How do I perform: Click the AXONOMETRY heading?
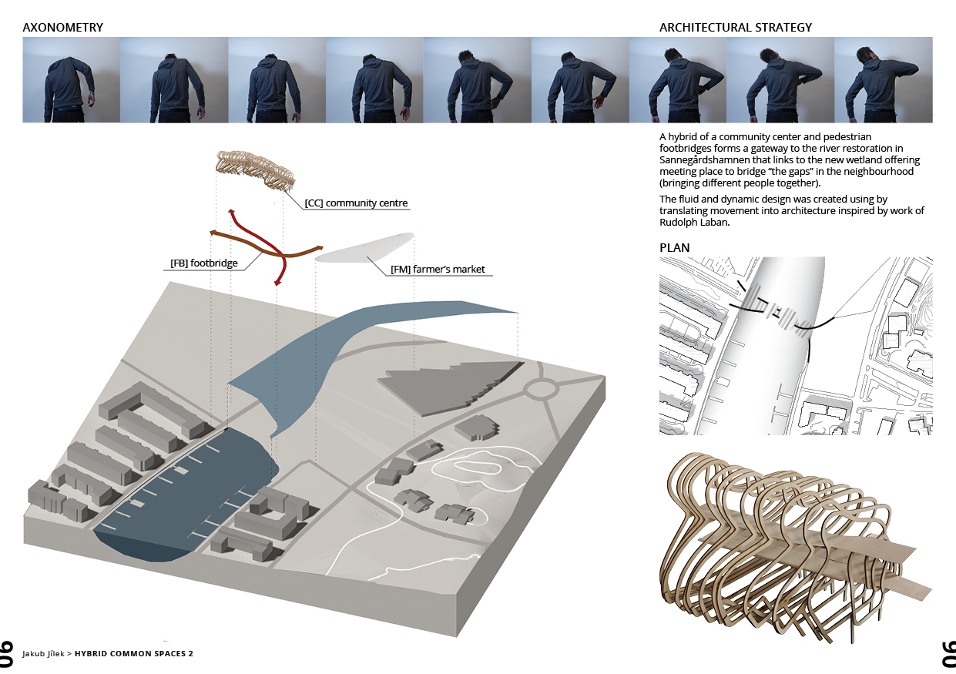(63, 28)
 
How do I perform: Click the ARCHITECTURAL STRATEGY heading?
(735, 28)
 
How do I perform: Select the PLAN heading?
(675, 248)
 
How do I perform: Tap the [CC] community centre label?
(356, 203)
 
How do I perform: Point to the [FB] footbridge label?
(203, 263)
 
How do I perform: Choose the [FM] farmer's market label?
(438, 270)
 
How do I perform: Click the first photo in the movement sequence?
(71, 80)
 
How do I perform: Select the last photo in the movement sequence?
(884, 80)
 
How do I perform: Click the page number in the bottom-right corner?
(948, 652)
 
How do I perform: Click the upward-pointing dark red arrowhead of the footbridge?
(230, 212)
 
